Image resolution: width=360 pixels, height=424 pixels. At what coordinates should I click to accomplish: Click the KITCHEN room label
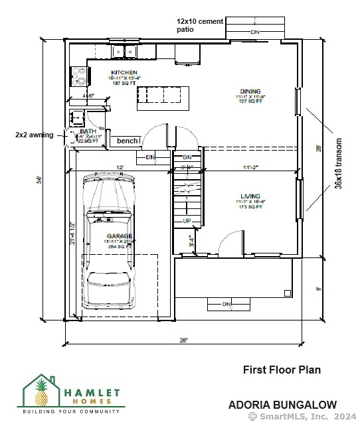tap(124, 72)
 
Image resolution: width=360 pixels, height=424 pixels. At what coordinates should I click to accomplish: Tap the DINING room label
tap(250, 92)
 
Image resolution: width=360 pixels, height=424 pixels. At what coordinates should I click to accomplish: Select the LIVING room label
tap(250, 196)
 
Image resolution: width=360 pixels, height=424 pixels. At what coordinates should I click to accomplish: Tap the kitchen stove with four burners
tap(79, 76)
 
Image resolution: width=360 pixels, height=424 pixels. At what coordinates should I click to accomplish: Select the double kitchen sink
tap(124, 51)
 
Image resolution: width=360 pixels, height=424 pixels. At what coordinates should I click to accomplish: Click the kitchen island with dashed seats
tap(163, 98)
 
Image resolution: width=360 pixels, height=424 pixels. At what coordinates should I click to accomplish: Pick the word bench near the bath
tap(128, 141)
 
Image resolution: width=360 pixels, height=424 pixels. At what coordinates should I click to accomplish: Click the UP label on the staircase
tap(187, 220)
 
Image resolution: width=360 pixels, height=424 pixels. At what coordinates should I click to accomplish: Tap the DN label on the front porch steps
tap(226, 305)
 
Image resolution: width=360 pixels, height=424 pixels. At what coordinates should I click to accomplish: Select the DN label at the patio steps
tap(254, 32)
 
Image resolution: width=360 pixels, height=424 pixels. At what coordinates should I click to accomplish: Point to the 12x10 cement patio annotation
tap(199, 25)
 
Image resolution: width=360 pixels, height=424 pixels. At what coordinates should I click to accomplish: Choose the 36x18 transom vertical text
tap(339, 163)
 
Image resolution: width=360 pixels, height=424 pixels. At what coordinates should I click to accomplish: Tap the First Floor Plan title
tap(282, 370)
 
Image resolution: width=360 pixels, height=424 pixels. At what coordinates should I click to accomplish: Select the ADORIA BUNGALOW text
tap(282, 404)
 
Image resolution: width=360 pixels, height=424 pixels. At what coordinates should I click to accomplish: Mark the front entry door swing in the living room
tap(230, 243)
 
